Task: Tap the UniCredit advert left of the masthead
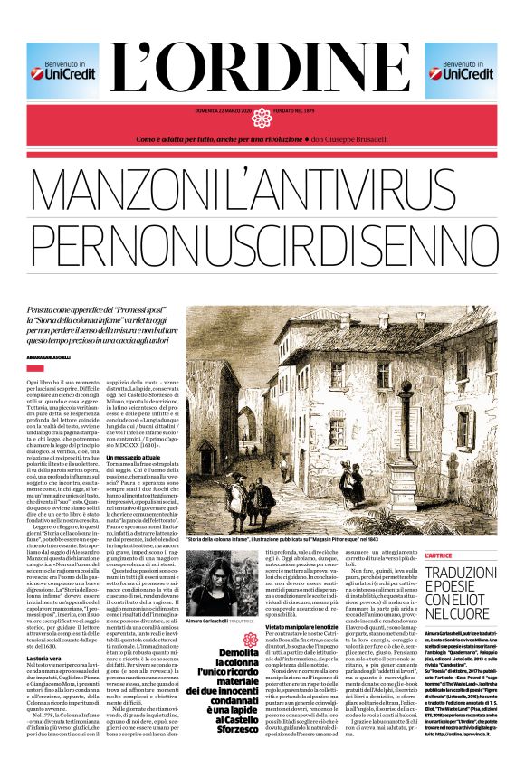(62, 70)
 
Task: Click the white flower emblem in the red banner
(262, 118)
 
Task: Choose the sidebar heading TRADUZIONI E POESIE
(461, 568)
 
